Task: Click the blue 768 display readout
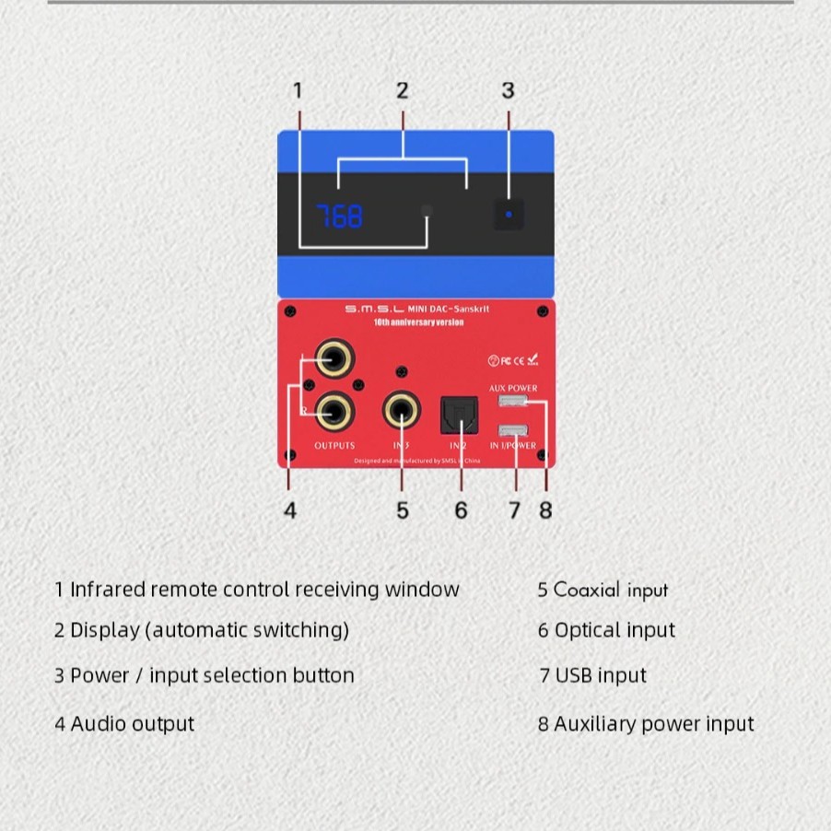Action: click(x=340, y=217)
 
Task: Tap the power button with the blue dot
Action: click(x=508, y=215)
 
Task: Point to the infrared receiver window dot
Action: click(x=427, y=211)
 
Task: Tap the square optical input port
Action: click(x=458, y=413)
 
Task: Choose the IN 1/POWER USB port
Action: click(x=512, y=430)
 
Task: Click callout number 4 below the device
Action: click(x=290, y=510)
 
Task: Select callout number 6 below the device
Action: click(x=461, y=510)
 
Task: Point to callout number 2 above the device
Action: click(x=403, y=90)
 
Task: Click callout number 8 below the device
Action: click(x=545, y=510)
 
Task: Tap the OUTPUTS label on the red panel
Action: click(x=334, y=446)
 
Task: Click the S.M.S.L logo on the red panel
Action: click(x=373, y=310)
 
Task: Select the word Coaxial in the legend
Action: click(x=587, y=590)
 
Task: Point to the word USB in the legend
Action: click(x=574, y=675)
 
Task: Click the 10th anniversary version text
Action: click(x=418, y=322)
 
